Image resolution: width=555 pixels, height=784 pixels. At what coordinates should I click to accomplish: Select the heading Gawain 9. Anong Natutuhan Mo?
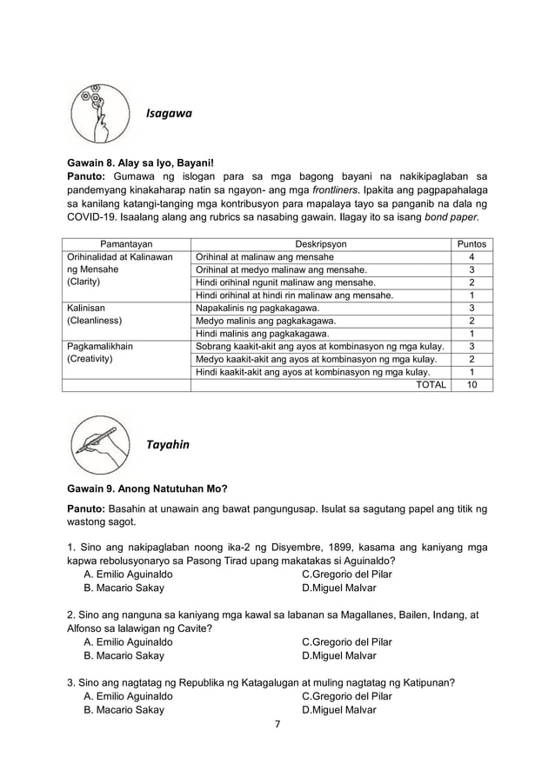click(144, 488)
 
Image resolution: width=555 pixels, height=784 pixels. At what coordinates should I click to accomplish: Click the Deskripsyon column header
click(322, 244)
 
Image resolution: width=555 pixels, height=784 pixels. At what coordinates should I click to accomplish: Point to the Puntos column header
click(471, 244)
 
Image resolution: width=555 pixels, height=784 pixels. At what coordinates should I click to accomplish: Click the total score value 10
click(471, 383)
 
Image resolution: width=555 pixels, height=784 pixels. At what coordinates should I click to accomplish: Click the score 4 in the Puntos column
click(471, 257)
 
